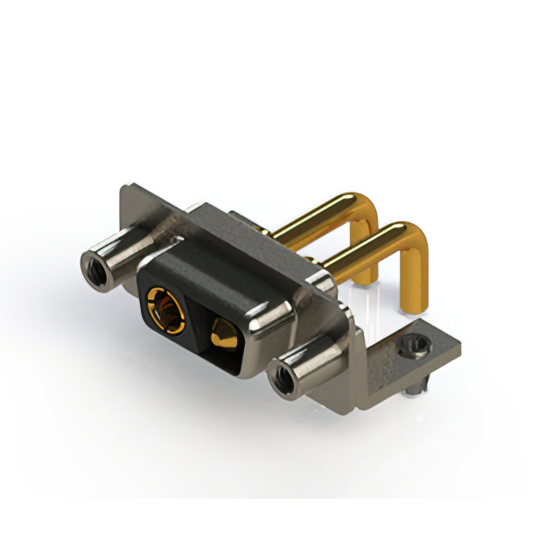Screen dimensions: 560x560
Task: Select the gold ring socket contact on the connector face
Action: pyautogui.click(x=164, y=310)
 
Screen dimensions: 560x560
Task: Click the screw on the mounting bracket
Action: pyautogui.click(x=412, y=347)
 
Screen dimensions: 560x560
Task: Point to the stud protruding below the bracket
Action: pyautogui.click(x=421, y=386)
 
